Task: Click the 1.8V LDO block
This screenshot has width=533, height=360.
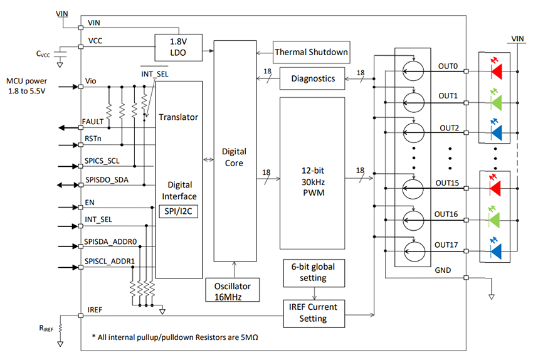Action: click(x=179, y=48)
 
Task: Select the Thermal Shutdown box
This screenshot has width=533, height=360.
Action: click(x=311, y=52)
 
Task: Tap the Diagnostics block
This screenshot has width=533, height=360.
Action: click(x=313, y=78)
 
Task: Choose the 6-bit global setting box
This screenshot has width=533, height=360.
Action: click(x=313, y=272)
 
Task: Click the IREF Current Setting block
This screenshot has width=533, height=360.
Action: click(x=313, y=312)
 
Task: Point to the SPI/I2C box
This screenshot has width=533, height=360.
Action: click(x=179, y=212)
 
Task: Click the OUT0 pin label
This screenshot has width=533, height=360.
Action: click(x=449, y=66)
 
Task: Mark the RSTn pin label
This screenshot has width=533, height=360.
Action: click(x=92, y=140)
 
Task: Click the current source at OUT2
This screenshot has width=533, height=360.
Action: click(x=413, y=132)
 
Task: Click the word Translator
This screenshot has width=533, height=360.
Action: click(x=179, y=117)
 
